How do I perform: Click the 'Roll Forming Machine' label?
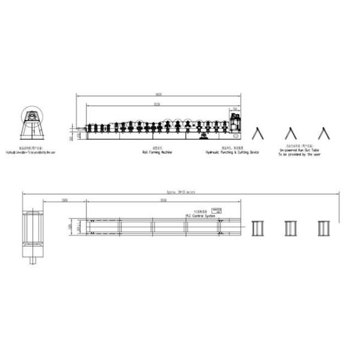(x=157, y=153)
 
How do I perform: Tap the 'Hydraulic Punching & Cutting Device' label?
(x=232, y=153)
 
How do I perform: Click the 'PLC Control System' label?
(x=200, y=216)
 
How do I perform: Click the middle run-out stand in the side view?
(x=291, y=134)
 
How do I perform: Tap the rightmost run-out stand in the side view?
(x=324, y=134)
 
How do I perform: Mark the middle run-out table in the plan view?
(x=291, y=228)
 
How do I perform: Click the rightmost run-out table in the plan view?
(x=324, y=228)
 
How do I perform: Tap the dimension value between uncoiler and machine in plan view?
(x=64, y=200)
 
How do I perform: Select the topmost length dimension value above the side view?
(x=158, y=95)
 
